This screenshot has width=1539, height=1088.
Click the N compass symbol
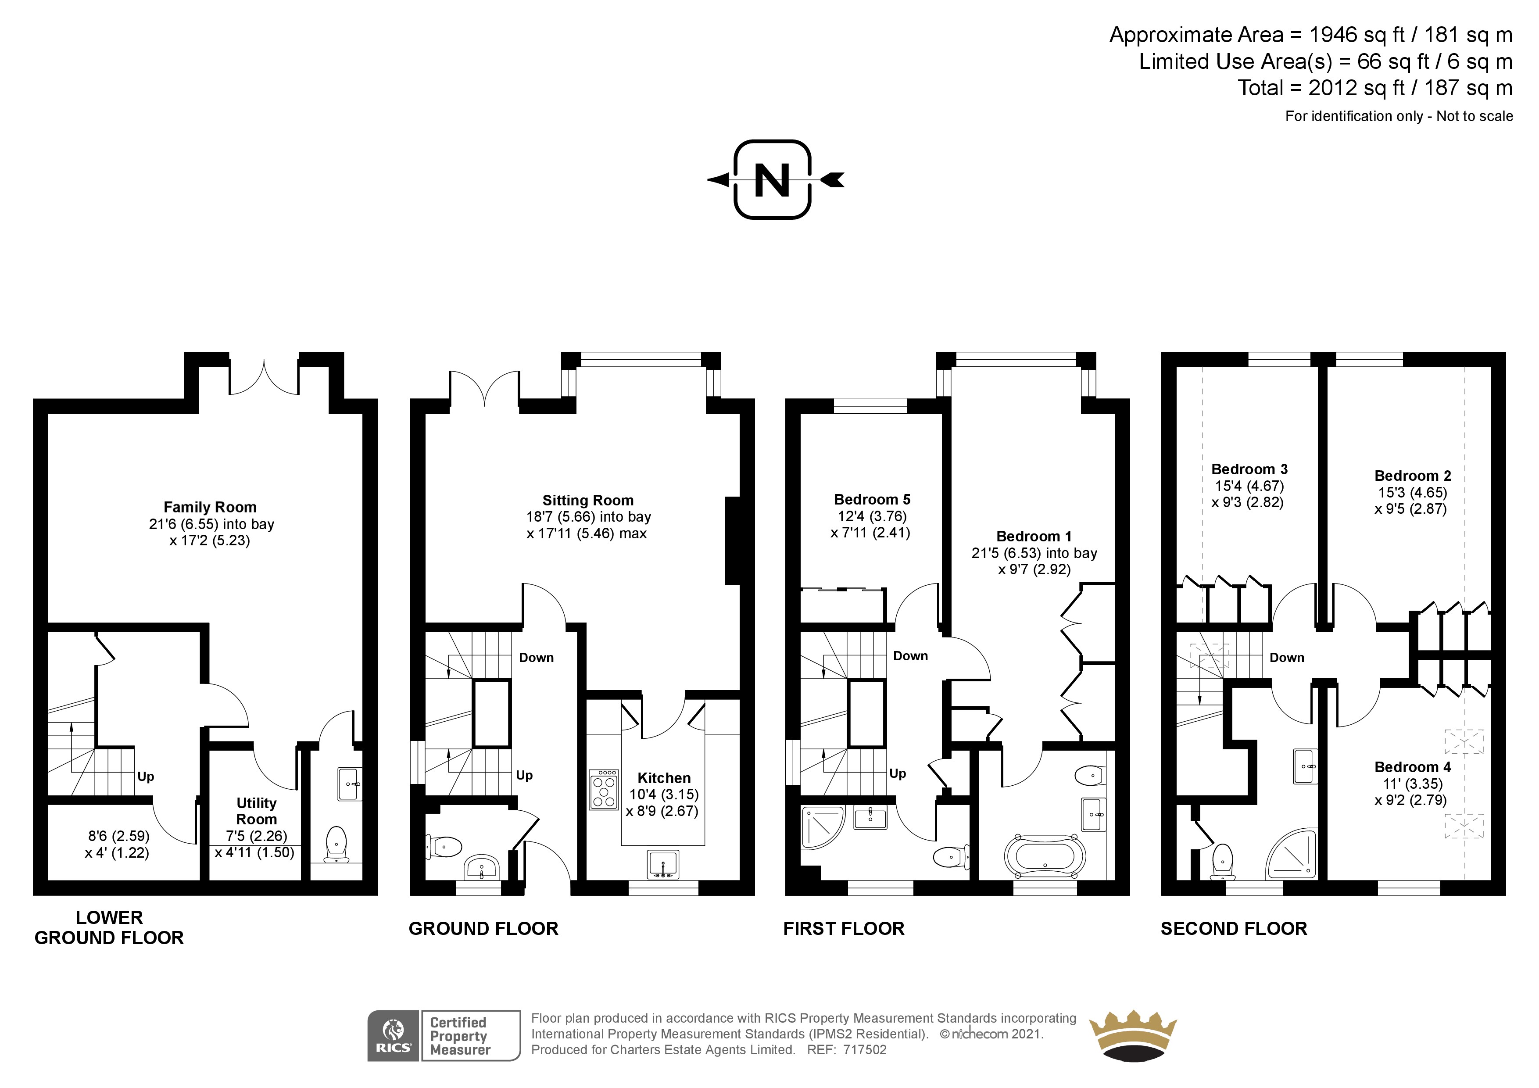pyautogui.click(x=773, y=180)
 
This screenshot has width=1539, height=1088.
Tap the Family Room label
pyautogui.click(x=210, y=508)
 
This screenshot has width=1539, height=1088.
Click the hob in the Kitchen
pyautogui.click(x=604, y=790)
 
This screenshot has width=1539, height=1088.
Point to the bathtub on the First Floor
pyautogui.click(x=1044, y=856)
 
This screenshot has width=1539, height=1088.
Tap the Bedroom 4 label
pyautogui.click(x=1412, y=767)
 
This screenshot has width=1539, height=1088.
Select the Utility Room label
pyautogui.click(x=256, y=811)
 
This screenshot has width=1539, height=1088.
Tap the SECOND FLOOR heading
pyautogui.click(x=1233, y=928)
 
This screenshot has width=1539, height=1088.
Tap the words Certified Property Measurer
pyautogui.click(x=460, y=1036)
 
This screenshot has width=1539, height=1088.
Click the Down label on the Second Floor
pyautogui.click(x=1286, y=658)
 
